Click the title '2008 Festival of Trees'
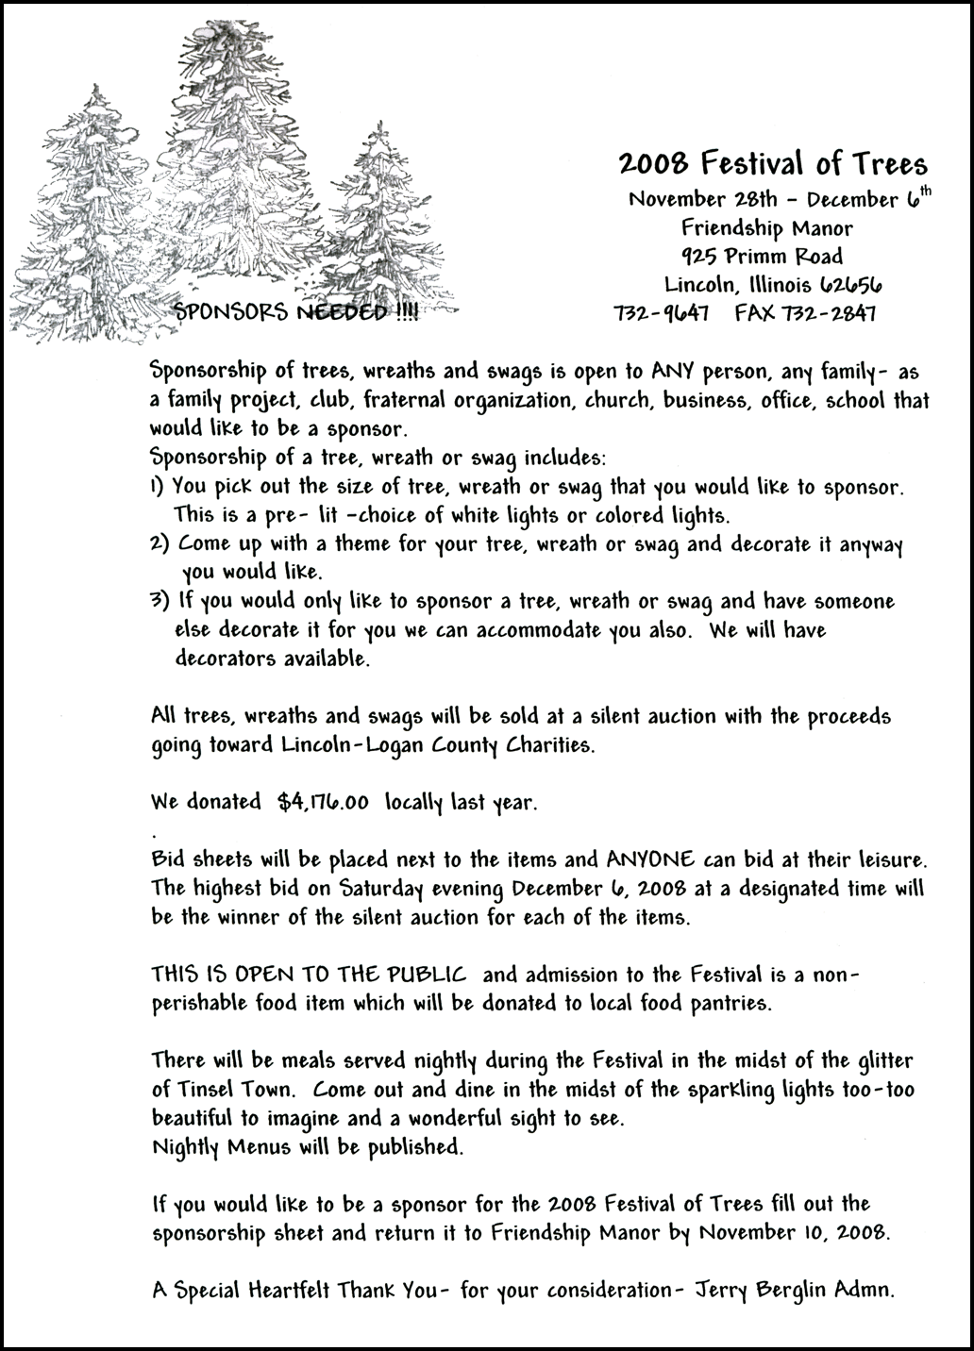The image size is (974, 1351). pos(773,164)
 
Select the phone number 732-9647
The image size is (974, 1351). pos(662,312)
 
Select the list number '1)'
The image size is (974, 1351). pos(158,488)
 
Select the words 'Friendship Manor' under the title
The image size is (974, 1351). pos(766,227)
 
